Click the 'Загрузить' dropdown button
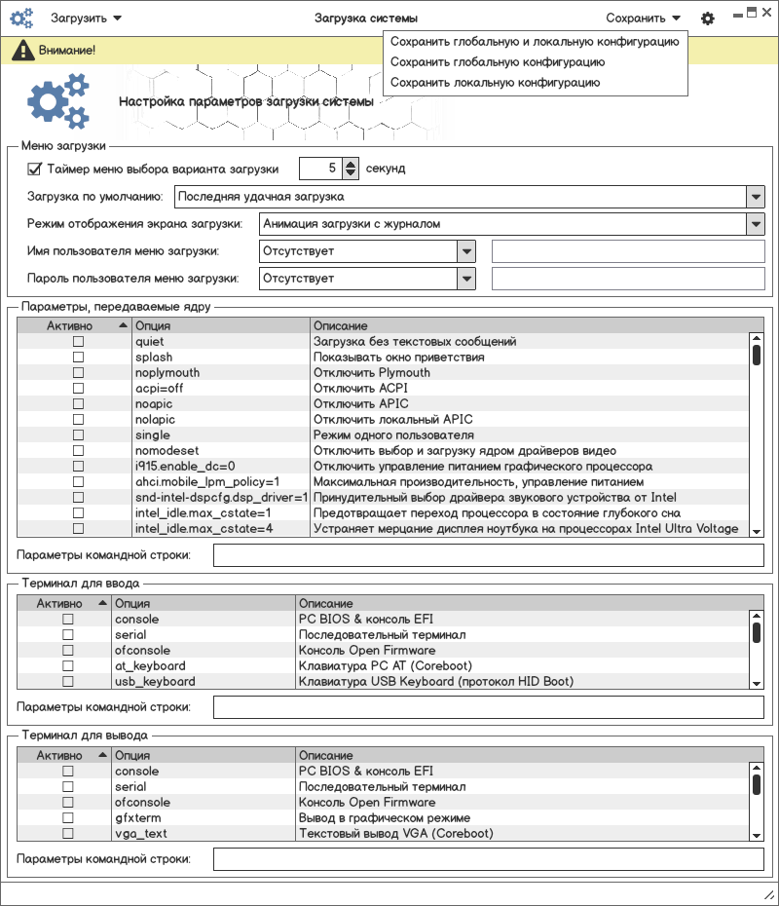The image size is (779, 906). point(86,18)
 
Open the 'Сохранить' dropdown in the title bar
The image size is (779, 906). point(643,18)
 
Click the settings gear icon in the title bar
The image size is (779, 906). point(708,19)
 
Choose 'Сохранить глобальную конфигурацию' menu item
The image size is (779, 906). point(497,62)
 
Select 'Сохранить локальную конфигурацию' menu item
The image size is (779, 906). point(495,83)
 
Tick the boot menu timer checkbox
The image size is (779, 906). point(35,169)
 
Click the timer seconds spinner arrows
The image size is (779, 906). point(352,169)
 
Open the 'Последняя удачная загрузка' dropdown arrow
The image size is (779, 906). point(756,197)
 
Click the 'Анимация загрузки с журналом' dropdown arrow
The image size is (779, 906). point(756,224)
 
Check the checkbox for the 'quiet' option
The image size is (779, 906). point(78,342)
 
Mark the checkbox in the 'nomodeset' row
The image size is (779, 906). point(78,451)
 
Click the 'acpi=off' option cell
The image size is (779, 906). point(159,389)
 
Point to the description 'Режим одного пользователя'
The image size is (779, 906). point(393,435)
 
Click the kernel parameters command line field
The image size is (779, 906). point(488,555)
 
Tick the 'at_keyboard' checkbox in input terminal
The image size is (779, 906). point(68,666)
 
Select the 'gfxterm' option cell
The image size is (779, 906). point(137,818)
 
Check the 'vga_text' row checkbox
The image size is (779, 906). point(68,834)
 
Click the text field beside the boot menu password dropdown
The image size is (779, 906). point(628,279)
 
